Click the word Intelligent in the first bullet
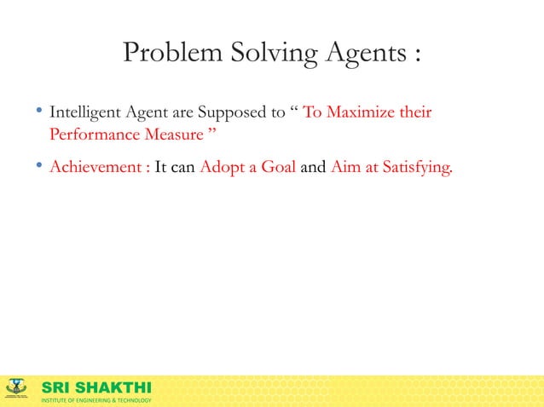click(84, 113)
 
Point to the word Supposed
click(241, 113)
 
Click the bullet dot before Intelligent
click(40, 113)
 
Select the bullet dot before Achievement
click(40, 166)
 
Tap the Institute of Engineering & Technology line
click(95, 400)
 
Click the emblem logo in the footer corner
click(15, 389)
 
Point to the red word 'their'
click(415, 112)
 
